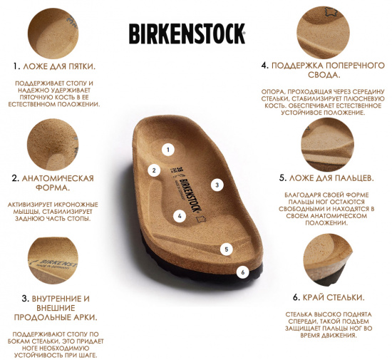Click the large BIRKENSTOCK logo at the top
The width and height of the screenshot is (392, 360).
pyautogui.click(x=187, y=34)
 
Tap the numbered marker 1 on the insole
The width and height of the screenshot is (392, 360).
pyautogui.click(x=168, y=150)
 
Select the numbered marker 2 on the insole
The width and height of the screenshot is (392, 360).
pyautogui.click(x=154, y=170)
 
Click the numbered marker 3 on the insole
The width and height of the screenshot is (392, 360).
pyautogui.click(x=217, y=185)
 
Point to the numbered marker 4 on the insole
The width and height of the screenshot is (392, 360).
pyautogui.click(x=180, y=216)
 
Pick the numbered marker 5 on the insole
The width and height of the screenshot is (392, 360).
pyautogui.click(x=227, y=250)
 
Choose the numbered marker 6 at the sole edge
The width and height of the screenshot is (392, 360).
pyautogui.click(x=243, y=272)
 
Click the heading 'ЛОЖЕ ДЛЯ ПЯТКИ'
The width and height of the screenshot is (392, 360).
pyautogui.click(x=59, y=66)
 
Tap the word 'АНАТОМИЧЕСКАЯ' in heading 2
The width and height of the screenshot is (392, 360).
pyautogui.click(x=58, y=178)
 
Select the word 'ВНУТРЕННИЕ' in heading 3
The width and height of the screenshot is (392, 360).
pyautogui.click(x=56, y=299)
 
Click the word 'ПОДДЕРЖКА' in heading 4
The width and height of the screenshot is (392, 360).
pyautogui.click(x=294, y=66)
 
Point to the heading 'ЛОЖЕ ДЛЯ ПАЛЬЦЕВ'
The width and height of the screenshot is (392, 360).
pyautogui.click(x=331, y=178)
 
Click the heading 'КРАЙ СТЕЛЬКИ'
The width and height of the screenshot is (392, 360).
pyautogui.click(x=334, y=297)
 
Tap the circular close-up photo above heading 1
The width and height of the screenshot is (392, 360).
pyautogui.click(x=53, y=34)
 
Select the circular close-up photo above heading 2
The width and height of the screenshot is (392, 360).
pyautogui.click(x=53, y=145)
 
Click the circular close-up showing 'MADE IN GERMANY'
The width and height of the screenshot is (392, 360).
pyautogui.click(x=53, y=260)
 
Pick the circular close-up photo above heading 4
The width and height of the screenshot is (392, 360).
pyautogui.click(x=324, y=33)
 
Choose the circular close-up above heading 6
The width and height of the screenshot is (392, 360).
pyautogui.click(x=328, y=260)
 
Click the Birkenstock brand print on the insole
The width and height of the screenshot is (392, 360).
pyautogui.click(x=190, y=195)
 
